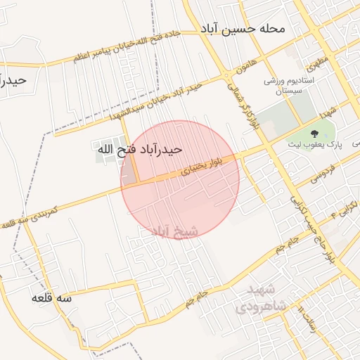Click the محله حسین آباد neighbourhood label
tap(243, 29)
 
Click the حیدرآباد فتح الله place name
tap(139, 149)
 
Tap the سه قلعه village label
tap(52, 298)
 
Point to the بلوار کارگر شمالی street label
tap(241, 103)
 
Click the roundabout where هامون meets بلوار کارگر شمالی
tap(226, 75)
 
